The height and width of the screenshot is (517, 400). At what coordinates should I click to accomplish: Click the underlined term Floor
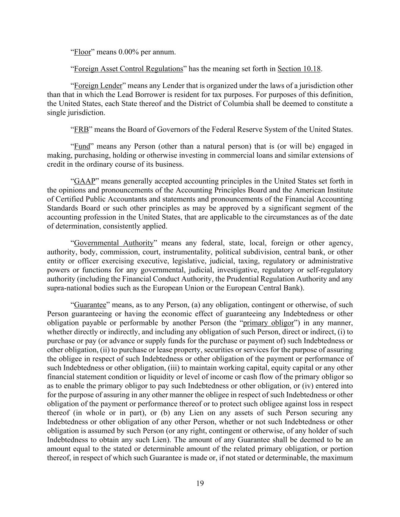tap(82, 52)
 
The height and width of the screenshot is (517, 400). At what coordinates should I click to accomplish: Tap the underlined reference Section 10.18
tap(299, 69)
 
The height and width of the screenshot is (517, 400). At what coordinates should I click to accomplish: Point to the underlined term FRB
tap(81, 130)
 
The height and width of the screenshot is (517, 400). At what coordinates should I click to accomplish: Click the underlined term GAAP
tap(84, 181)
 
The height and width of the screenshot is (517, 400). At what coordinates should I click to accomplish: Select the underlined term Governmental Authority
tap(113, 243)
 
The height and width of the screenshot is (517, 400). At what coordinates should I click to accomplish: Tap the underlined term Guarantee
tap(90, 305)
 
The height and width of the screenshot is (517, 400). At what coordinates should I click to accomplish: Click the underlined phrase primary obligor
tap(268, 323)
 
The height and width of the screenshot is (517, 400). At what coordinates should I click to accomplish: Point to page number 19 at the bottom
tap(200, 483)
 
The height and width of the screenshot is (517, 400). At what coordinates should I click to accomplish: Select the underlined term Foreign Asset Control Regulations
tap(129, 69)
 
